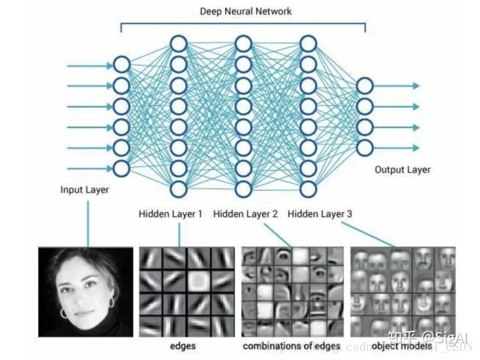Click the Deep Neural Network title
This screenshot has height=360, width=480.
245,11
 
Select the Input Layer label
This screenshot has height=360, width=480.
85,190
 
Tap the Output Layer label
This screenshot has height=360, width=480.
402,169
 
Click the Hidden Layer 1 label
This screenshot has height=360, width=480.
170,214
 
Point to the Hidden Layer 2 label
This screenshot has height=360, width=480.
245,214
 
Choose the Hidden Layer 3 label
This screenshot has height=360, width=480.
320,214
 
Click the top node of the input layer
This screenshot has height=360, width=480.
121,65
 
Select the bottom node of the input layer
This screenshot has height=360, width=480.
121,167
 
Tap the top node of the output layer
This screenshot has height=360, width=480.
365,85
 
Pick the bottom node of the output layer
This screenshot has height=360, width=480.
365,147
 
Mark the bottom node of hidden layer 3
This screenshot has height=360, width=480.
307,188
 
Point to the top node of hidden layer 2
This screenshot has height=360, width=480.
243,44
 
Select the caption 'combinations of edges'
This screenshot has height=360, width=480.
291,346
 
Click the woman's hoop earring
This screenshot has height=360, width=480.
65,311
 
